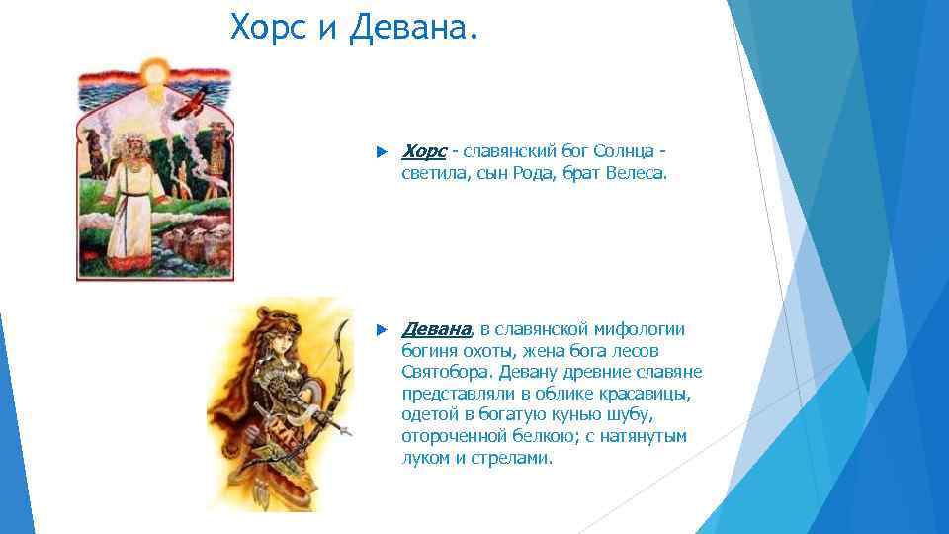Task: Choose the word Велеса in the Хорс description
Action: (x=638, y=173)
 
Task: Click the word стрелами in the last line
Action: (x=518, y=458)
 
